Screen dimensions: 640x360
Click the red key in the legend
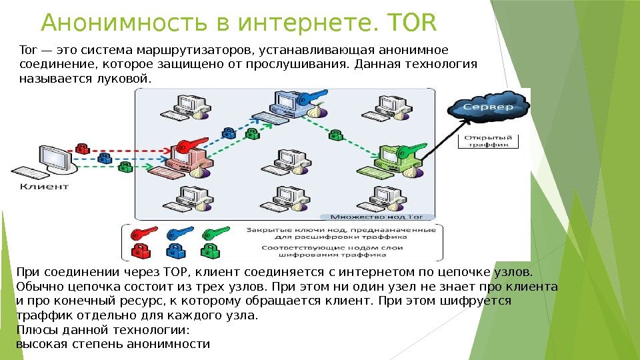(x=144, y=233)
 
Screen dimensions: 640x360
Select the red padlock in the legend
(x=141, y=251)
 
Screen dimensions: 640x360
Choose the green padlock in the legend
(x=211, y=251)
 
